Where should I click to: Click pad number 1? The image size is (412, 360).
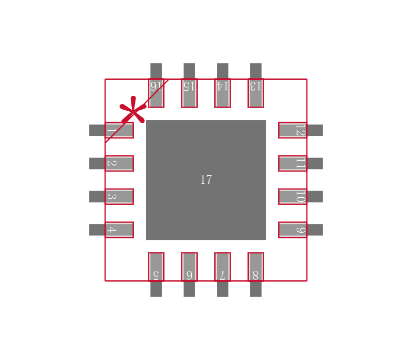click(119, 130)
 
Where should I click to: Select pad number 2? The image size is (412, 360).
click(119, 163)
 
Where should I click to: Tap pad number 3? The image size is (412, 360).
click(119, 197)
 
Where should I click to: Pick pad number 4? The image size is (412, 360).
click(119, 230)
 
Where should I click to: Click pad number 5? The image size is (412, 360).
click(156, 267)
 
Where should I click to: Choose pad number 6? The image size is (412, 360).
click(190, 267)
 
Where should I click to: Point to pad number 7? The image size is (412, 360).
click(222, 267)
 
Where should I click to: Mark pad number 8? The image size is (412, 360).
click(255, 267)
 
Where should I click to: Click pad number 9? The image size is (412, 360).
click(293, 230)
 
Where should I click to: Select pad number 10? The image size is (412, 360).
click(293, 197)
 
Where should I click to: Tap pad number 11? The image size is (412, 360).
click(293, 163)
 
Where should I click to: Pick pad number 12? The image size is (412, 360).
click(293, 130)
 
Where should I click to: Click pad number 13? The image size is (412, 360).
click(255, 93)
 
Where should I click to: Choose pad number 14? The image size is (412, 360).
click(222, 93)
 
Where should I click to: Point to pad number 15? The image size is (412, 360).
click(190, 93)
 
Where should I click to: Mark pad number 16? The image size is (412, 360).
click(156, 93)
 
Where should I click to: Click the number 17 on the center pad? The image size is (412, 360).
click(206, 180)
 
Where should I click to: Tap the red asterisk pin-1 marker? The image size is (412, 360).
click(133, 111)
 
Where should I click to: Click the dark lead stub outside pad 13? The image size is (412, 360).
click(255, 71)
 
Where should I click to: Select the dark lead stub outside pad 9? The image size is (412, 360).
click(315, 230)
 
